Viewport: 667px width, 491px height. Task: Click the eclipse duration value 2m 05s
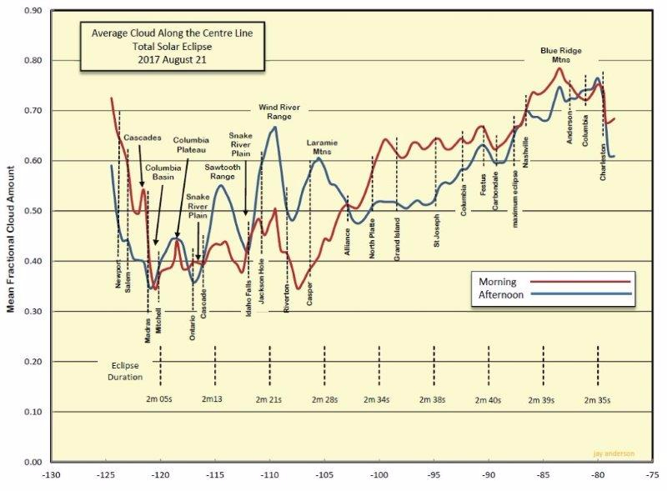158,400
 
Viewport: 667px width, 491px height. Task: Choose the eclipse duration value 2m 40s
487,400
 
